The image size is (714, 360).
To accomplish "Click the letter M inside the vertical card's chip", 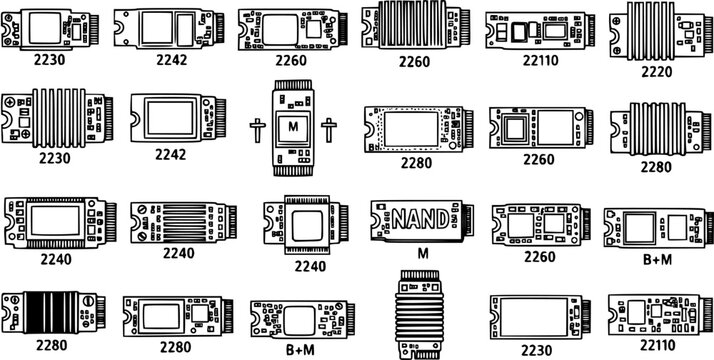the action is [292, 127].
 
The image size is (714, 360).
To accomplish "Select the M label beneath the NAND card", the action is [422, 253].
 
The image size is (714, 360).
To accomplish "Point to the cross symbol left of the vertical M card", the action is [257, 129].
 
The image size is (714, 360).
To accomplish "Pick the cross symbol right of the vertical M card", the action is [327, 128].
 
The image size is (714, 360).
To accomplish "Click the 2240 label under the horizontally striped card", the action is [178, 253].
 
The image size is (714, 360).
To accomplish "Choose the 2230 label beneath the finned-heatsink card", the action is [55, 157].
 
